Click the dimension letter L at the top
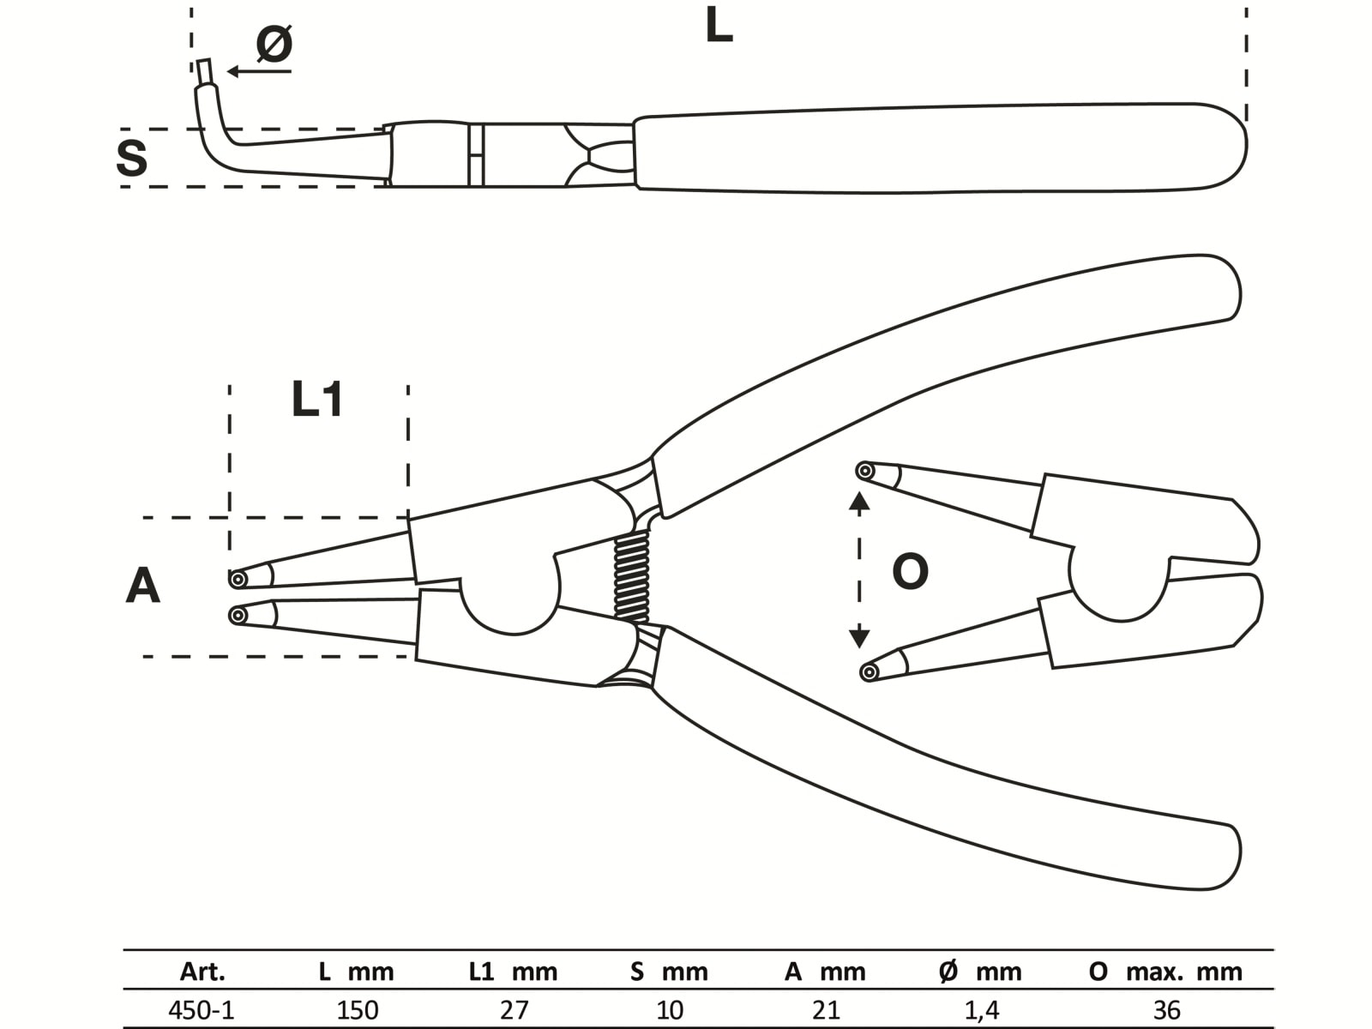(719, 27)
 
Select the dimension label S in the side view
(132, 159)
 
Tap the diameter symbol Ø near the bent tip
(274, 43)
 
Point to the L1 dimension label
(317, 400)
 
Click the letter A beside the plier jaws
(142, 587)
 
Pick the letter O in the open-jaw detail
(910, 572)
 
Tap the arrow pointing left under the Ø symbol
(257, 71)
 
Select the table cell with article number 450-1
(202, 1009)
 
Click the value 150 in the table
(357, 1009)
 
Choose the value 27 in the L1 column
(514, 1009)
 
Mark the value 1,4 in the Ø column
(981, 1009)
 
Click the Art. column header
(202, 972)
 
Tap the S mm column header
(669, 972)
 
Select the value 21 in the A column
(826, 1009)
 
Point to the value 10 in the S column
(670, 1009)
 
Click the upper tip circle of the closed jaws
(238, 580)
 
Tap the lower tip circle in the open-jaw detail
(869, 672)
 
